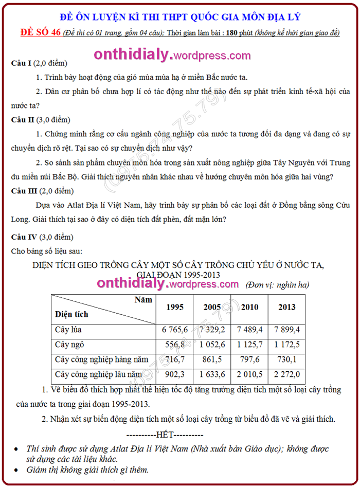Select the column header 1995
[175, 307]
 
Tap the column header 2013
[287, 307]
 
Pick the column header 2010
[250, 307]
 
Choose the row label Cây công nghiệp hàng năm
[102, 359]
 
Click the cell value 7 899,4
[287, 329]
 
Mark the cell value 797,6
[250, 359]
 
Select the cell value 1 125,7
[250, 344]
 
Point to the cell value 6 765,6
[175, 329]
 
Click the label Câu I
[22, 63]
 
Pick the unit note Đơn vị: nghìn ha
[278, 284]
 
